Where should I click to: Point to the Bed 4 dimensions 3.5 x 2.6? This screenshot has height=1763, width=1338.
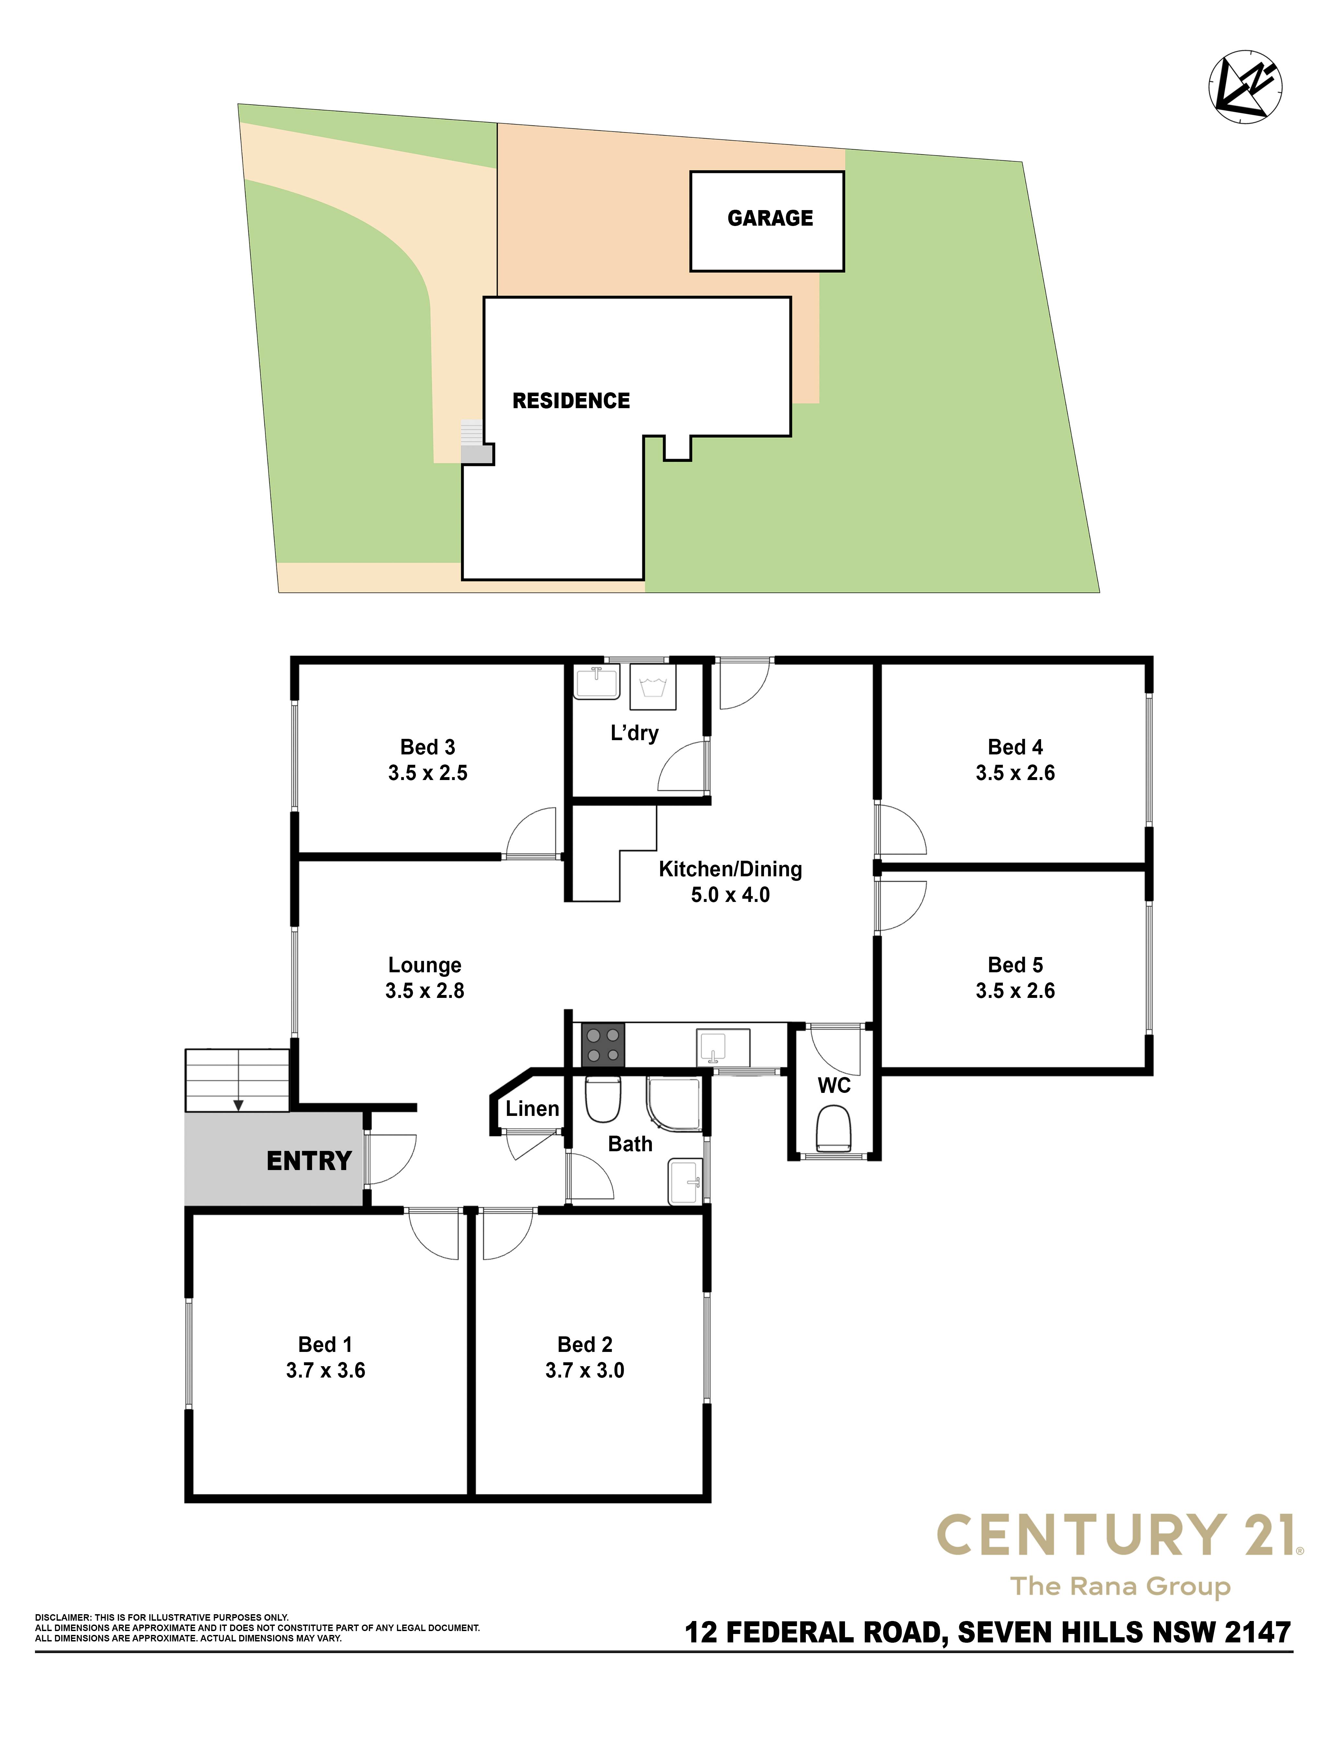pos(1015,773)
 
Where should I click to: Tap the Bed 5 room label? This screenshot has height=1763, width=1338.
pos(1015,965)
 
